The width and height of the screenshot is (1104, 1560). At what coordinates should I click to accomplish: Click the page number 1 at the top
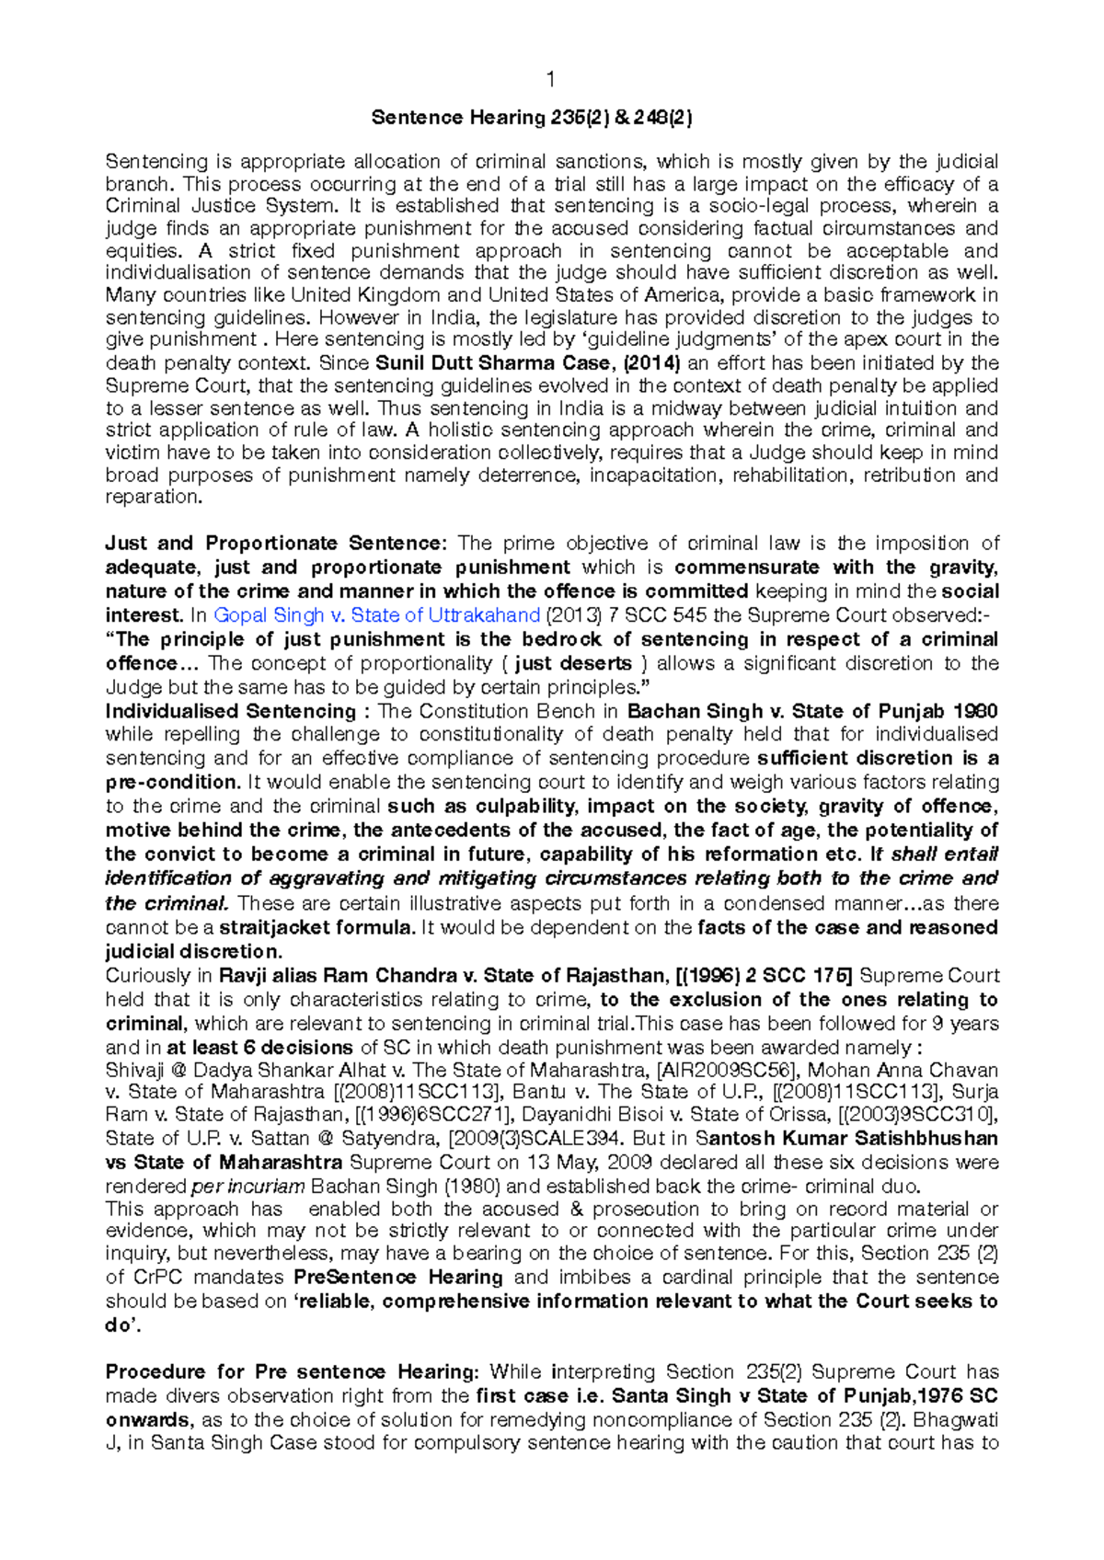[550, 80]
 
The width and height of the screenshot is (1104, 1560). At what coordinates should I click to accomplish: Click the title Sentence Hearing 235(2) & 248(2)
[532, 118]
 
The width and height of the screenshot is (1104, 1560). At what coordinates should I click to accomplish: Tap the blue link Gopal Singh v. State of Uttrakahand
[376, 615]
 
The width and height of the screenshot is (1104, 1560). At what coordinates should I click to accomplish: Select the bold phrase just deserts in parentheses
[573, 663]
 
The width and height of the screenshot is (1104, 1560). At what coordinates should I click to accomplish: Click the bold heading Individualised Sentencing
[230, 711]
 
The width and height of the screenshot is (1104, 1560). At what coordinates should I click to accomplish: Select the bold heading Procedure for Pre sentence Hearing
[292, 1371]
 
